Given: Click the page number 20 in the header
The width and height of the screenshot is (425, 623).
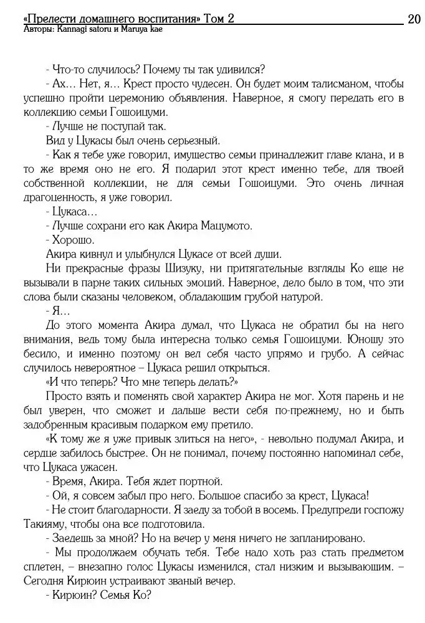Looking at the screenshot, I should click(414, 19).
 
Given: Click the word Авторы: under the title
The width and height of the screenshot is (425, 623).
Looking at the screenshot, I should click(37, 29).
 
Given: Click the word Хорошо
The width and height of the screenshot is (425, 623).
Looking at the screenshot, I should click(70, 240).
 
